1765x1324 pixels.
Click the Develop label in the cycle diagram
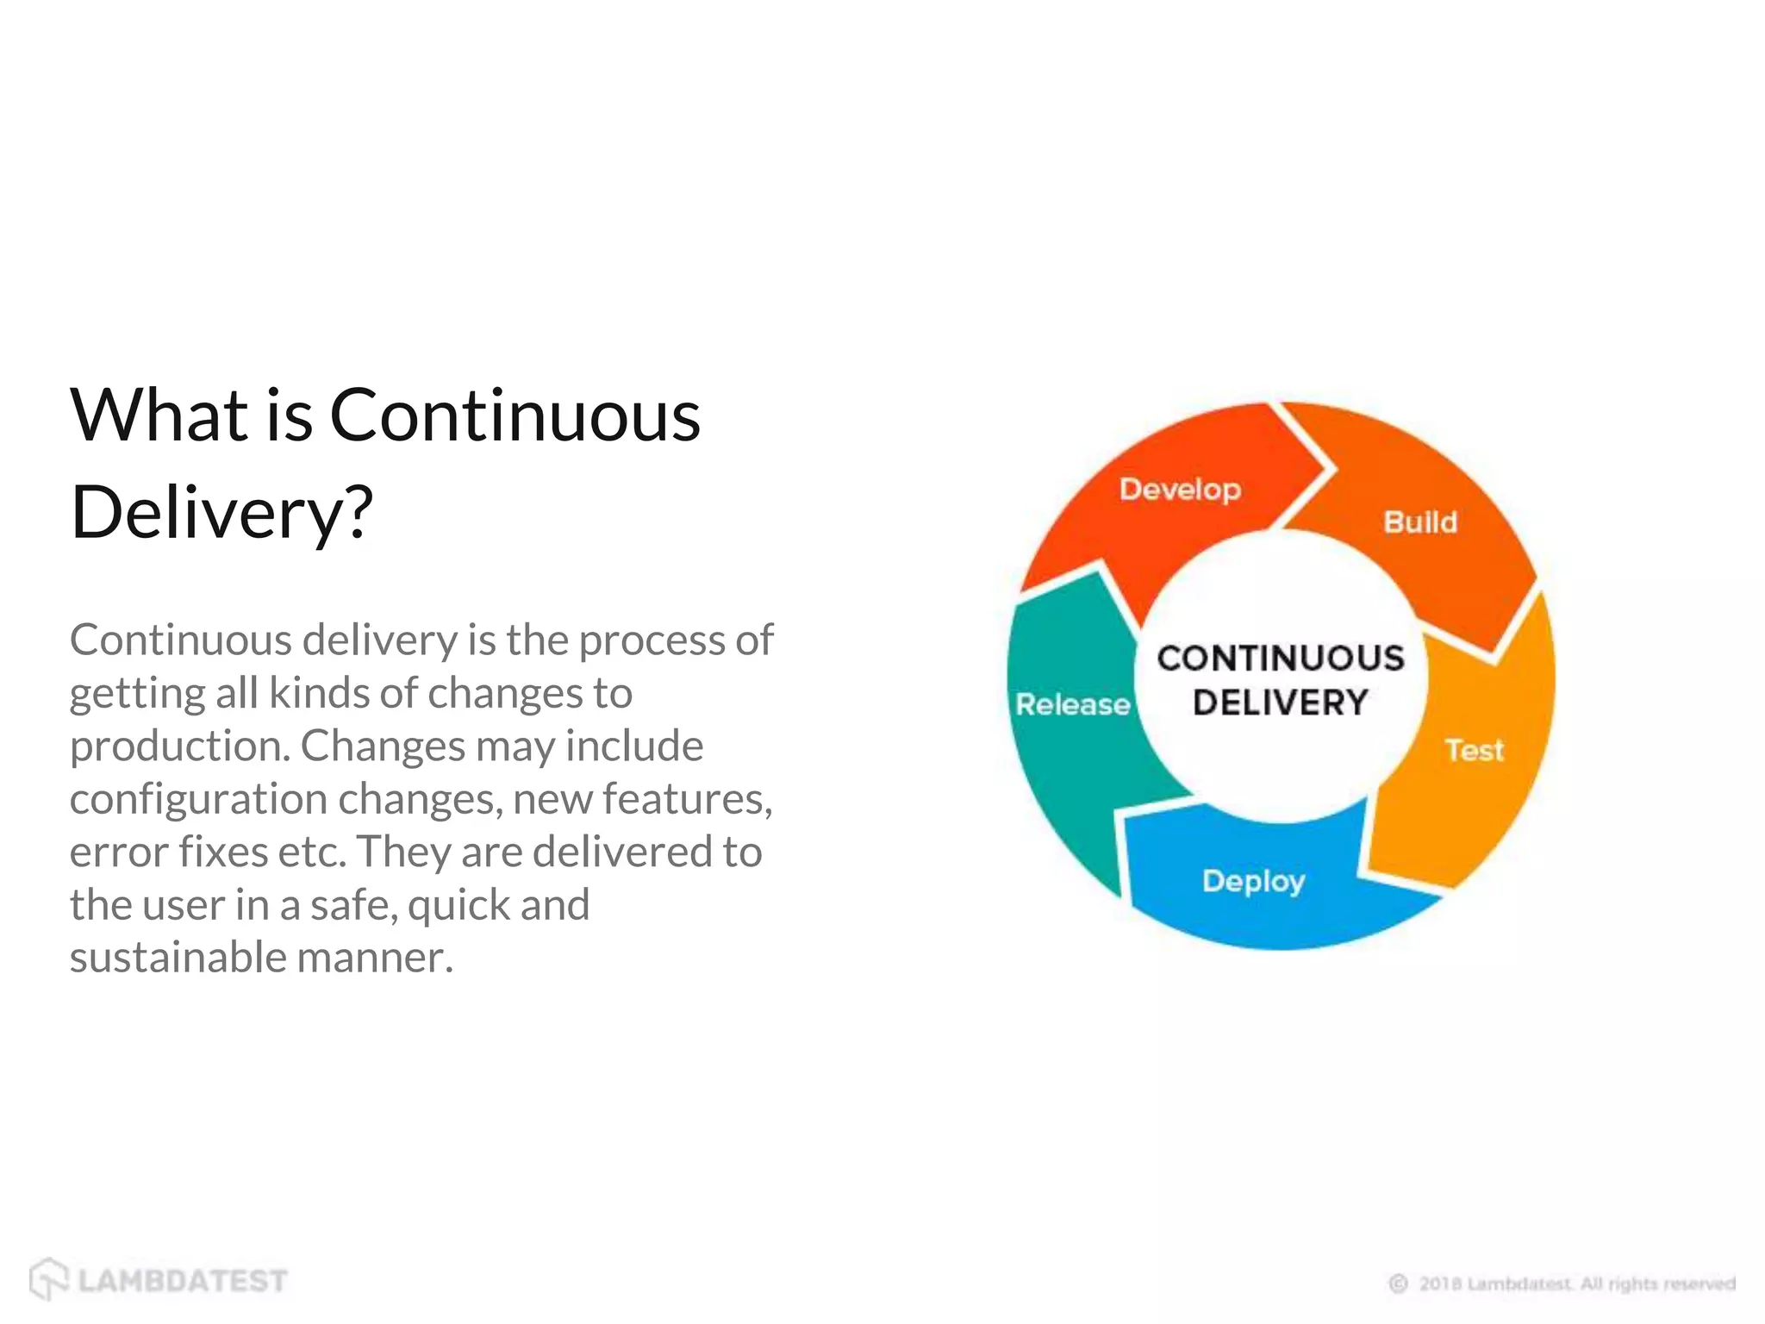(x=1180, y=490)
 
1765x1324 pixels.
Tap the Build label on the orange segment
(x=1420, y=522)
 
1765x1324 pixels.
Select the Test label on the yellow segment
(x=1474, y=750)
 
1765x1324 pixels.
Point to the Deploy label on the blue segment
(x=1253, y=881)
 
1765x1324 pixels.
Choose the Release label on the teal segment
(x=1072, y=704)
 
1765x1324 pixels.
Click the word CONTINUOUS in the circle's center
(x=1281, y=659)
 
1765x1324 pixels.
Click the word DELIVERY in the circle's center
(x=1281, y=703)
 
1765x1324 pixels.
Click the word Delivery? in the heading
(x=222, y=513)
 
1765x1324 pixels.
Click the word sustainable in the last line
(x=178, y=958)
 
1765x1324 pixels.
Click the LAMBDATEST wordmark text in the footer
(x=183, y=1281)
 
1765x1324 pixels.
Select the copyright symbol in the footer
(x=1398, y=1283)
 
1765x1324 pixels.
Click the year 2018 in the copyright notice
(x=1440, y=1283)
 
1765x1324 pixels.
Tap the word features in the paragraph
(x=685, y=799)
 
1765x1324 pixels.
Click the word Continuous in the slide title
(x=515, y=415)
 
